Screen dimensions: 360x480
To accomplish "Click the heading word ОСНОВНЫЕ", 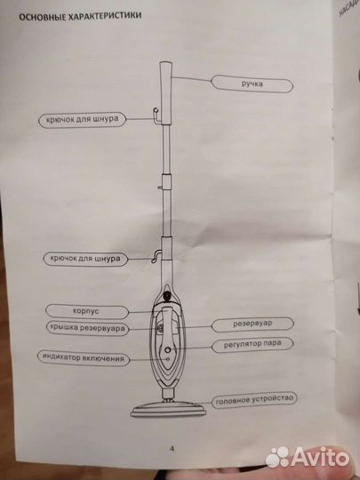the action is pos(42,16).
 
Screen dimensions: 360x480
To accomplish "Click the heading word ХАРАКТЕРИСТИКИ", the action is pos(104,15).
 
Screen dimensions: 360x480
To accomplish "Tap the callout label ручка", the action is pos(252,84).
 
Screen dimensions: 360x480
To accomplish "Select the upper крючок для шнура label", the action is pos(83,119).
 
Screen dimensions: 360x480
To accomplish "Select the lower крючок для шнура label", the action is pos(85,259).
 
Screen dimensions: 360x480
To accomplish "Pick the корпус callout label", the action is pos(87,312).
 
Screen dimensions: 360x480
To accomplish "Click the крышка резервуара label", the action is pos(87,329).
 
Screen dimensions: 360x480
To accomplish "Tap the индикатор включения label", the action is pos(84,358).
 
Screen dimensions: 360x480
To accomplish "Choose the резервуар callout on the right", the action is pos(252,324).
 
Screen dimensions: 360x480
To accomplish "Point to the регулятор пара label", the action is pos(252,344).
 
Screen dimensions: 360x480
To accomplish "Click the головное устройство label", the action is pos(254,400).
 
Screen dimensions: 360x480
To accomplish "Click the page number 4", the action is pos(172,449).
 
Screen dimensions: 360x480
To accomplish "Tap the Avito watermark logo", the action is pos(308,458).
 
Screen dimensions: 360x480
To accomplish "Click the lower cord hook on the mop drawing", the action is pos(156,257).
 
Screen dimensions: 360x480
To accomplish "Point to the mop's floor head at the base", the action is pos(168,409).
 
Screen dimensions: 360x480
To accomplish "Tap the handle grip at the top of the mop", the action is pos(165,92).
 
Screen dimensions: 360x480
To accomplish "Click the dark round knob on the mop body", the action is pos(167,296).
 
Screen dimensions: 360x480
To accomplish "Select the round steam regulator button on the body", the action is pos(167,349).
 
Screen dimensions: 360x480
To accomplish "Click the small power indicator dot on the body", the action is pos(167,359).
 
